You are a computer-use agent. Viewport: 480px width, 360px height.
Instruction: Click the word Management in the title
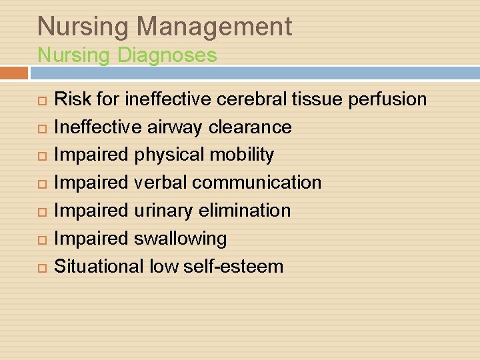215,27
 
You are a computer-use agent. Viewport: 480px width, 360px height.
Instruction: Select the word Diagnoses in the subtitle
167,55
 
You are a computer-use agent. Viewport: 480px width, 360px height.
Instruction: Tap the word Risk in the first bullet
68,99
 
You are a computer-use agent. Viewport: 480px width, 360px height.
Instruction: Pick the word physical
169,155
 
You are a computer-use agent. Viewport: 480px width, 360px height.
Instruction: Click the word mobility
241,155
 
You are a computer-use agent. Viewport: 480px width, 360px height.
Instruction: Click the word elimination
245,211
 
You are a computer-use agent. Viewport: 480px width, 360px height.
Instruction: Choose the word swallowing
180,239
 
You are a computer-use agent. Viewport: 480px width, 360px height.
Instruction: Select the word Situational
99,266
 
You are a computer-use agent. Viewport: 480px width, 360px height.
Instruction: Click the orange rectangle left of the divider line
14,72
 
